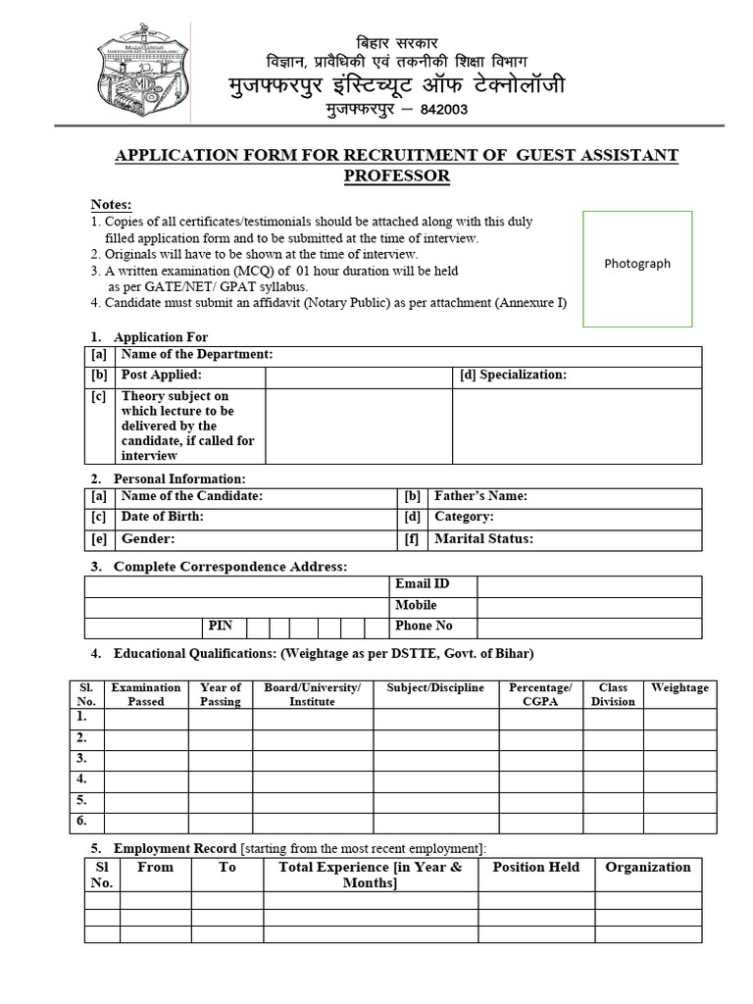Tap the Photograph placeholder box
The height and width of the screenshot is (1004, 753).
coord(637,269)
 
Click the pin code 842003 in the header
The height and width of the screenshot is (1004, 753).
coord(444,110)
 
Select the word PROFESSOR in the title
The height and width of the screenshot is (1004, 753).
coord(396,176)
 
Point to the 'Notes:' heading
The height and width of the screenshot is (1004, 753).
coord(111,204)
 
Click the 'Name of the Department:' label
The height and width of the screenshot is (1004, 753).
coord(197,355)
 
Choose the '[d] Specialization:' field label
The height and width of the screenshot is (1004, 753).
coord(513,376)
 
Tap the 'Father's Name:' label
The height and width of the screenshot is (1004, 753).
coord(480,497)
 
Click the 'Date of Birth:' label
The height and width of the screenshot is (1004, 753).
coord(163,517)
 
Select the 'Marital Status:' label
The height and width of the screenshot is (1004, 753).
coord(483,539)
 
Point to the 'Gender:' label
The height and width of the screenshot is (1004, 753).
coord(148,539)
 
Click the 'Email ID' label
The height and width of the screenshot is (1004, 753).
coord(422,584)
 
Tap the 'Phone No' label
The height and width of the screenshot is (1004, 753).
coord(424,626)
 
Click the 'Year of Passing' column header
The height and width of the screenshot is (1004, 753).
coord(220,694)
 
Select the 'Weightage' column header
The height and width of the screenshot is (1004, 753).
coord(679,688)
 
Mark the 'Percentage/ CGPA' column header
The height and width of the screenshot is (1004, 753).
coord(540,694)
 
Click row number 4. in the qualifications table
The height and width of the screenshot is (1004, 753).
coord(82,779)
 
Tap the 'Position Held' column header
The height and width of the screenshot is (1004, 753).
coord(535,868)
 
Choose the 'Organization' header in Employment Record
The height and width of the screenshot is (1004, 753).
coord(648,868)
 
